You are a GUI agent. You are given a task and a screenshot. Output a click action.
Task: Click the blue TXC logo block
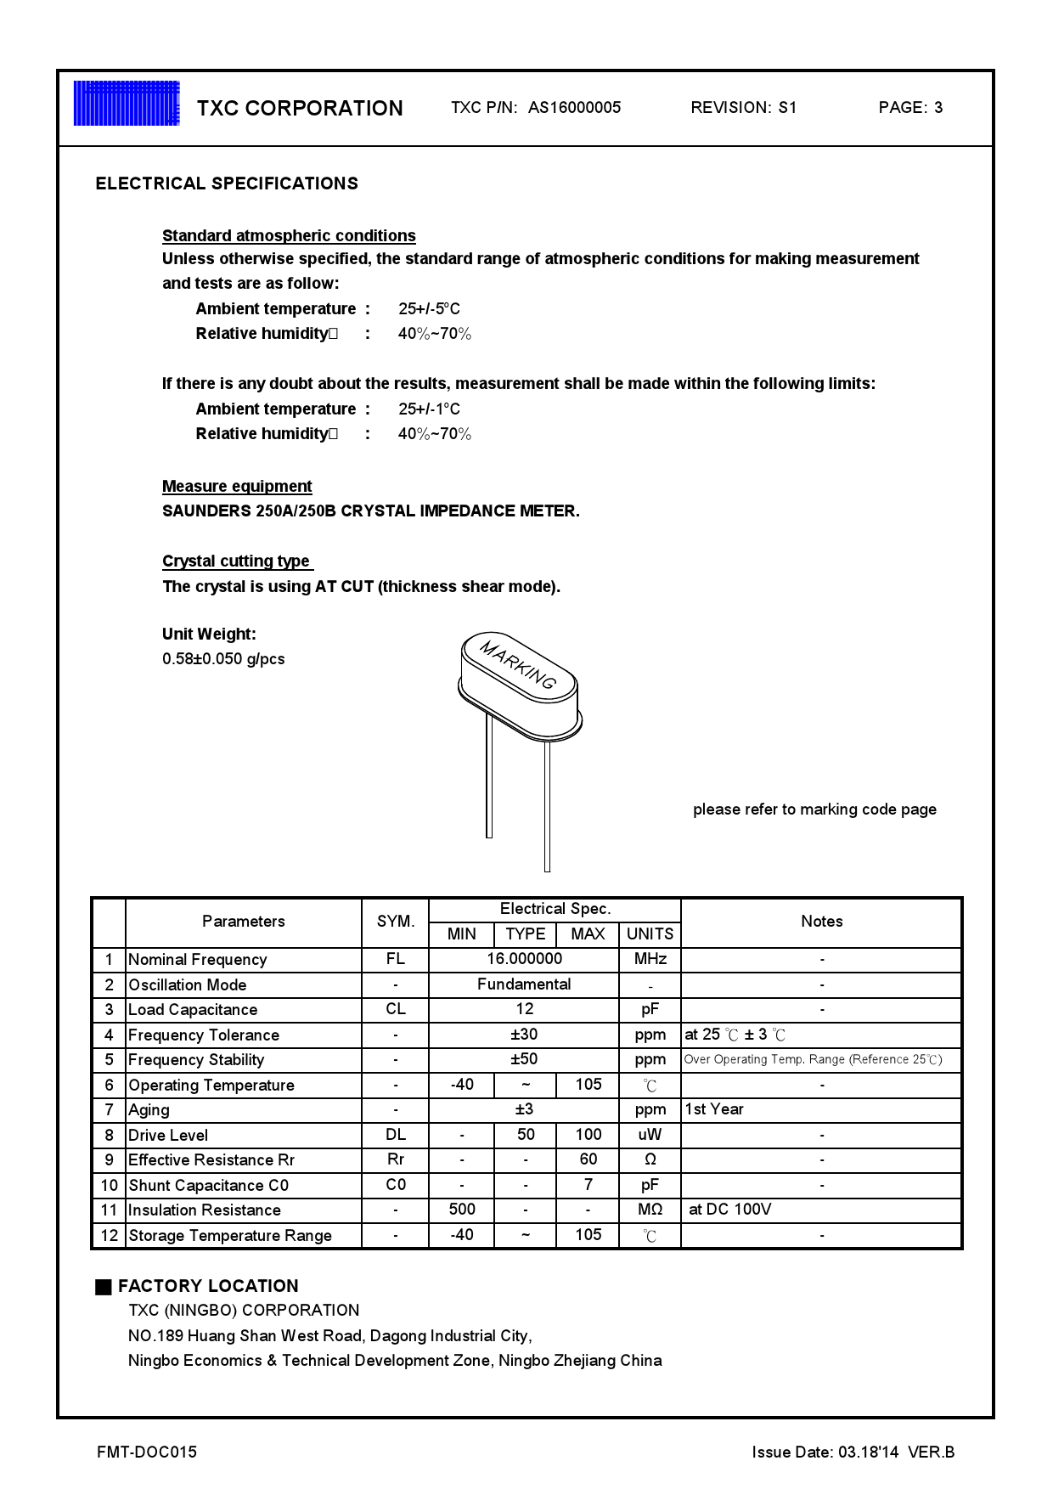127,104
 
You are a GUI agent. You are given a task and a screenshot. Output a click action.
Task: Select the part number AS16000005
574,108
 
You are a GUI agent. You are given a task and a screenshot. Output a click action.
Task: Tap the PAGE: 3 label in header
910,108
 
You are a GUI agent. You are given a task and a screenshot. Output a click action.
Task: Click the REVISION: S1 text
743,108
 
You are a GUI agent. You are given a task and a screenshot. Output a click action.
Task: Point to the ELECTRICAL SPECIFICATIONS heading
227,183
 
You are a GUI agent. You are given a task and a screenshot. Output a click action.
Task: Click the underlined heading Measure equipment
237,487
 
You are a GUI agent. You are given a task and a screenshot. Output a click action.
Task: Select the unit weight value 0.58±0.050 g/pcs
223,659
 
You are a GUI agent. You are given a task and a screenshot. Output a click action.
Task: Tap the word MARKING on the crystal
518,664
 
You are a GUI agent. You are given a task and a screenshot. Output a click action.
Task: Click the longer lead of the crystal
547,807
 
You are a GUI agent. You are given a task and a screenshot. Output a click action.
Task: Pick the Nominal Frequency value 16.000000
524,959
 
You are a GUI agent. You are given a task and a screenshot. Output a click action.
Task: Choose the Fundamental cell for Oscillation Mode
524,984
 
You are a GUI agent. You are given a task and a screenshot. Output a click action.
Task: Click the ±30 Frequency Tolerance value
524,1035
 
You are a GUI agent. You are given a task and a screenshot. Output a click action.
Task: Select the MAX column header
588,934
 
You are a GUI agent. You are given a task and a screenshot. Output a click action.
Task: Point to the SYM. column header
396,922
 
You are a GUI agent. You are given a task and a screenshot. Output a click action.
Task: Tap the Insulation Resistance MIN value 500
462,1210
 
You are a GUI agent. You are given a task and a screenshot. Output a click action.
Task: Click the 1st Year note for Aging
714,1109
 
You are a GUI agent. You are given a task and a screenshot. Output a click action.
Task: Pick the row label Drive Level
168,1136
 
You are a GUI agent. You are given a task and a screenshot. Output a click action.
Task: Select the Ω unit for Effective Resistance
650,1160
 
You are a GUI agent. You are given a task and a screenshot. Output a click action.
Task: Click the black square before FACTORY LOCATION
104,1287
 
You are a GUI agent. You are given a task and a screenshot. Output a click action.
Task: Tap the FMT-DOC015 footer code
147,1452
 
